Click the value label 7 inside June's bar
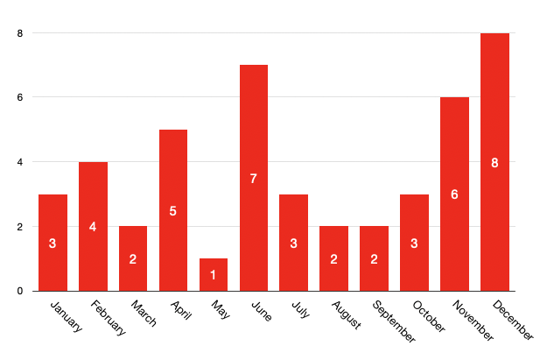tap(254, 179)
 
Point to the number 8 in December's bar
tap(494, 163)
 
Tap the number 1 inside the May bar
tap(214, 275)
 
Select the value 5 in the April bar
tap(173, 211)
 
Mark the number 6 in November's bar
tap(454, 194)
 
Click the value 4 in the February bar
tap(93, 227)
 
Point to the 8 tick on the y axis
tap(19, 33)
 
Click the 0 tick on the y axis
tap(19, 291)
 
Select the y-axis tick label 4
tap(19, 162)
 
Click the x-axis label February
tap(107, 317)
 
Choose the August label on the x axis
tap(346, 314)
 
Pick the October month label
tap(427, 316)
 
